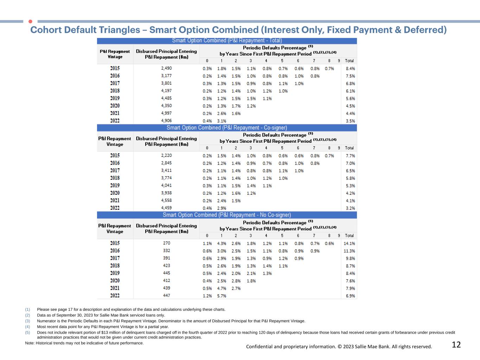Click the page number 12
pyautogui.click(x=456, y=345)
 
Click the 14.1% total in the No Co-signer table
pyautogui.click(x=349, y=243)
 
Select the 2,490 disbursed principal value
pyautogui.click(x=166, y=68)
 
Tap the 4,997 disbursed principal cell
pyautogui.click(x=166, y=113)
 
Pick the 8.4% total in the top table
pyautogui.click(x=350, y=69)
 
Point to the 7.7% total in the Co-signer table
pyautogui.click(x=350, y=156)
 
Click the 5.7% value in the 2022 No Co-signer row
pyautogui.click(x=222, y=296)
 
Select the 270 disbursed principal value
pyautogui.click(x=166, y=243)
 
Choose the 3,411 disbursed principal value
pyautogui.click(x=166, y=171)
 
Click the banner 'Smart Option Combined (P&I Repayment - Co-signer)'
pyautogui.click(x=227, y=128)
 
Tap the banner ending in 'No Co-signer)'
pyautogui.click(x=227, y=215)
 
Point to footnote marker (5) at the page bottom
pyautogui.click(x=27, y=332)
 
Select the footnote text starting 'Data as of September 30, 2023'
pyautogui.click(x=101, y=315)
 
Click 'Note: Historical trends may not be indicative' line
pyautogui.click(x=84, y=343)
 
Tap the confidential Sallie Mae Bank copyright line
pyautogui.click(x=339, y=347)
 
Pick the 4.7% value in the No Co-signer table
pyautogui.click(x=222, y=289)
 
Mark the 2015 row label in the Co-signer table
pyautogui.click(x=115, y=155)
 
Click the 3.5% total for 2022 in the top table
pyautogui.click(x=350, y=121)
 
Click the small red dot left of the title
pyautogui.click(x=30, y=21)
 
